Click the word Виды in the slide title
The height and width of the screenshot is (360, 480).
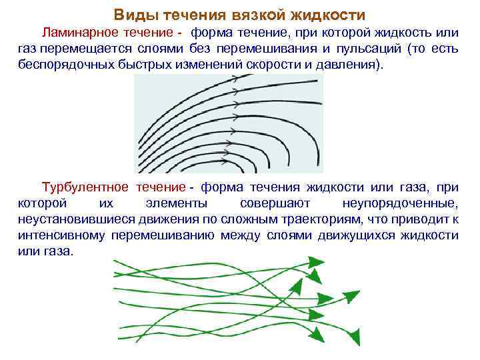(130, 14)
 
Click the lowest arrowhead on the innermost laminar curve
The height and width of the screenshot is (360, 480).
(233, 160)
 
